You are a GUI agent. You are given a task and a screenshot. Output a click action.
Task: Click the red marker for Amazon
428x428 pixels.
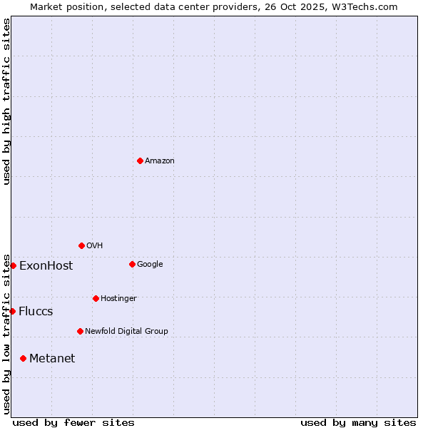click(x=140, y=160)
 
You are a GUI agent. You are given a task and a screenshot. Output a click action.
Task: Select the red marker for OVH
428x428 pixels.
click(x=81, y=245)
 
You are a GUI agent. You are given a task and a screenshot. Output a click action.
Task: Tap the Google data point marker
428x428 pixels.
click(x=132, y=264)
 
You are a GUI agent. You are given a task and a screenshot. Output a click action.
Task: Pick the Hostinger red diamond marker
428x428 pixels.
click(x=96, y=298)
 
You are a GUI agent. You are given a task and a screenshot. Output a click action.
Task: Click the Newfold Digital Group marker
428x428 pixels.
click(x=80, y=331)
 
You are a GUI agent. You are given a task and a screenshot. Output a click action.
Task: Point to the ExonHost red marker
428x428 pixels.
click(x=13, y=265)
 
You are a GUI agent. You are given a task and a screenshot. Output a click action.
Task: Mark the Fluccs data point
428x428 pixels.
click(x=12, y=311)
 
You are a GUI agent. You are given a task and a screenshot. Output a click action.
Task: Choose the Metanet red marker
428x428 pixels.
click(x=23, y=358)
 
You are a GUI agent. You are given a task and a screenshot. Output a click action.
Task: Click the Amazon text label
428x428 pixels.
click(x=160, y=161)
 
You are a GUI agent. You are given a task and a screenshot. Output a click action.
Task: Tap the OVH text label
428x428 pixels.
click(x=95, y=246)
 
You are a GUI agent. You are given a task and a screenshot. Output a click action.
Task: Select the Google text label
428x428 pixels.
click(x=150, y=265)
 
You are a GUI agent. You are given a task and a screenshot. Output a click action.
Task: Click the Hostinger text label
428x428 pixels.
click(x=118, y=298)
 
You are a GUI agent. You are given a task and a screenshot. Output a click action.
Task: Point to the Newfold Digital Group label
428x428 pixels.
click(x=126, y=331)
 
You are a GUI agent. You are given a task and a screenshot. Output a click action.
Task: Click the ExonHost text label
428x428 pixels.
click(x=46, y=266)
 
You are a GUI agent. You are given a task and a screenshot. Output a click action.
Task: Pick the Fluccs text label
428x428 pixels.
click(x=36, y=312)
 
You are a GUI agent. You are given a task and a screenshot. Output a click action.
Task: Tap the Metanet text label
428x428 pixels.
click(x=52, y=359)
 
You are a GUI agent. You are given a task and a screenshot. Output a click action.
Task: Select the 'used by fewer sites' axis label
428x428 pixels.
click(x=73, y=422)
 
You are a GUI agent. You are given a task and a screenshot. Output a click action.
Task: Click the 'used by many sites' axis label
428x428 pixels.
click(x=358, y=422)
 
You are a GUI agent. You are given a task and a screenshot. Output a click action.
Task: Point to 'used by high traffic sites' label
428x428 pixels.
click(x=6, y=102)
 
